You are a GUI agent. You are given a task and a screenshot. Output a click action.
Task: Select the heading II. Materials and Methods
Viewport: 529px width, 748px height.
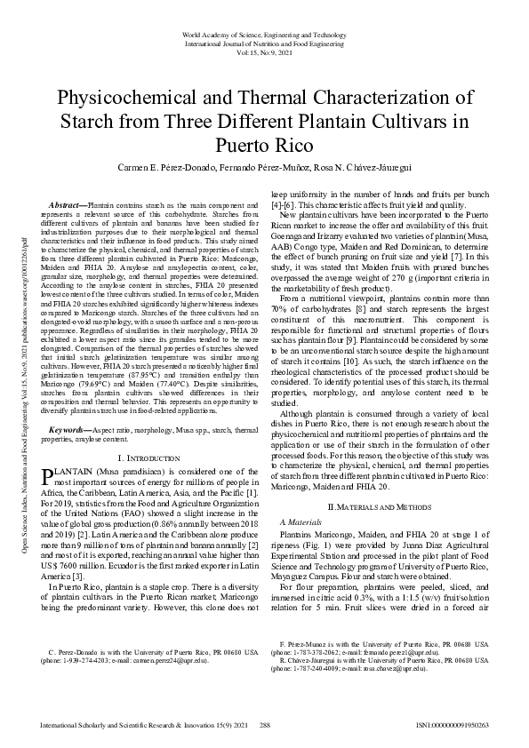pos(381,505)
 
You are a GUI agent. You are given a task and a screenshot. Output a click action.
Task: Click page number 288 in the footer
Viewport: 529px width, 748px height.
pos(264,726)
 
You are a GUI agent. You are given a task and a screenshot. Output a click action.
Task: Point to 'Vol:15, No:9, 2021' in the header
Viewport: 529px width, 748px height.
pos(264,51)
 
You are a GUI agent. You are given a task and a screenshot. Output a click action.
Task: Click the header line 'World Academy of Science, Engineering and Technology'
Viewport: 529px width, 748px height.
pos(264,34)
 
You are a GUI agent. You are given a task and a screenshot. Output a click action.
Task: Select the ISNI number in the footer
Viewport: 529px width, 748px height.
pos(452,726)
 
